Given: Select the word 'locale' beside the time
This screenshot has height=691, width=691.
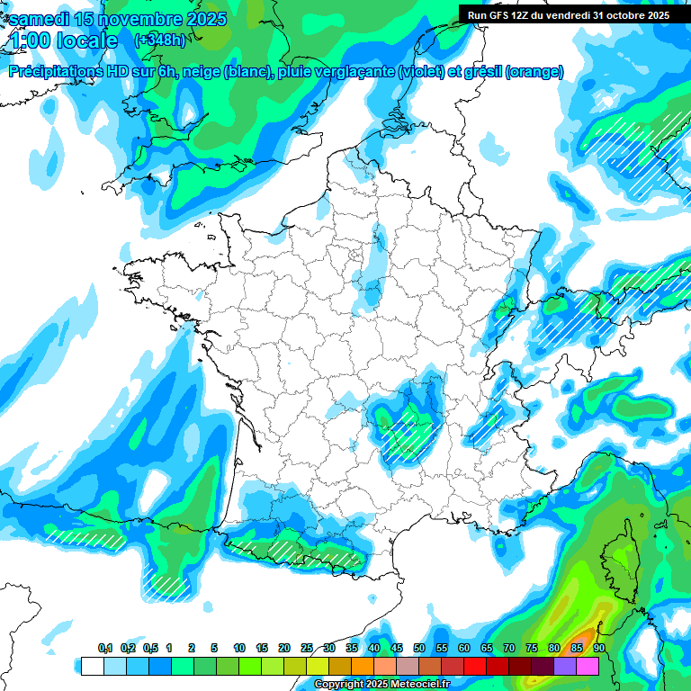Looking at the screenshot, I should [86, 40].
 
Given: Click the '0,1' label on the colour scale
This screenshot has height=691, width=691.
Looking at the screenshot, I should [105, 649].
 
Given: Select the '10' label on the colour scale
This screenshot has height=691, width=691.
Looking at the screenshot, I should [239, 649].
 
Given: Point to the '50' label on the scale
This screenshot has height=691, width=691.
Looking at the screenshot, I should [419, 649].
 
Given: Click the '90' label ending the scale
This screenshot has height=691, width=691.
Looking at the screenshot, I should [599, 649].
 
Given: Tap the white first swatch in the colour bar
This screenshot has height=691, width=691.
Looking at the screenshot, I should [92, 666].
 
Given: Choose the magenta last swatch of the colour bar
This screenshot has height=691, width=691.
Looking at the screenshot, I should [588, 666].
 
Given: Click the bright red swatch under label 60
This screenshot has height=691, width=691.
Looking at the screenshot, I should [475, 666].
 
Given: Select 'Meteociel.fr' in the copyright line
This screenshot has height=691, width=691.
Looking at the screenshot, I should [418, 685].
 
